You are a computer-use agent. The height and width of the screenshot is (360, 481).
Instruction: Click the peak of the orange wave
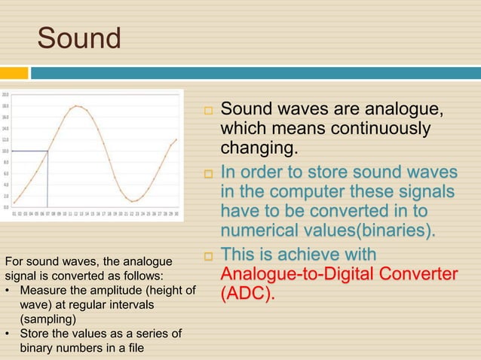(x=76, y=106)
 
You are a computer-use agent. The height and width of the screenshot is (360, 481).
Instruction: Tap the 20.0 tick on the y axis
(x=5, y=95)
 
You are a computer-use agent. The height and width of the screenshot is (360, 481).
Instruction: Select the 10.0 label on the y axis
(x=5, y=151)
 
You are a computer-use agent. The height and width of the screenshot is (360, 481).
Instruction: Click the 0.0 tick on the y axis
(x=5, y=206)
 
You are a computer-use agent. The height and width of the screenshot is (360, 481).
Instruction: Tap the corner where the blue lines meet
(x=47, y=151)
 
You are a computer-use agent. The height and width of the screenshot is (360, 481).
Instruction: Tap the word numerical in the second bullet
(x=261, y=229)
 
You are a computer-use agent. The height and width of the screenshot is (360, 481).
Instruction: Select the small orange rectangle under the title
(x=14, y=73)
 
